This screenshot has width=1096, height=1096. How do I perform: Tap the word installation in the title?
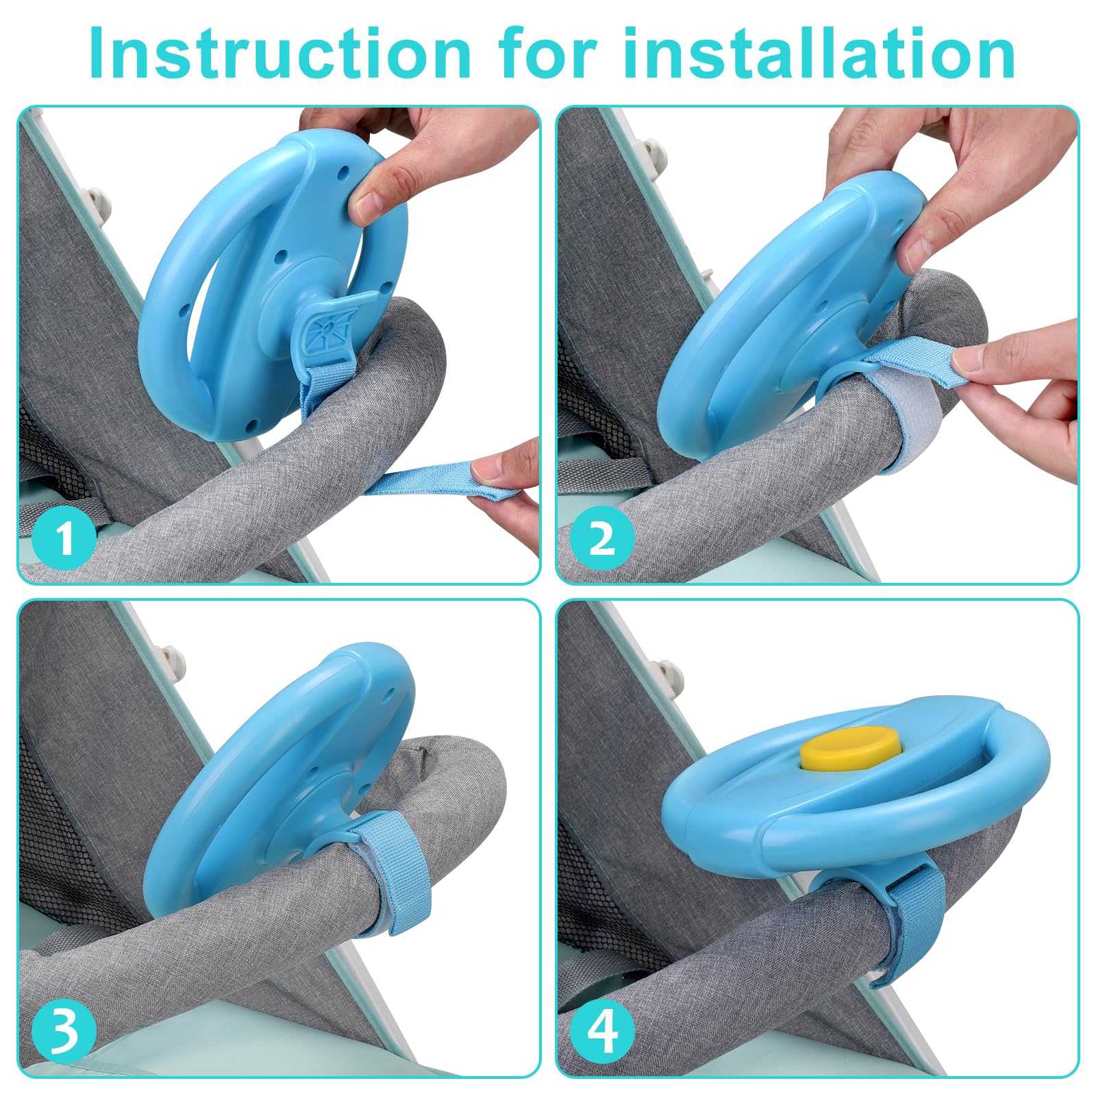click(x=819, y=53)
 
